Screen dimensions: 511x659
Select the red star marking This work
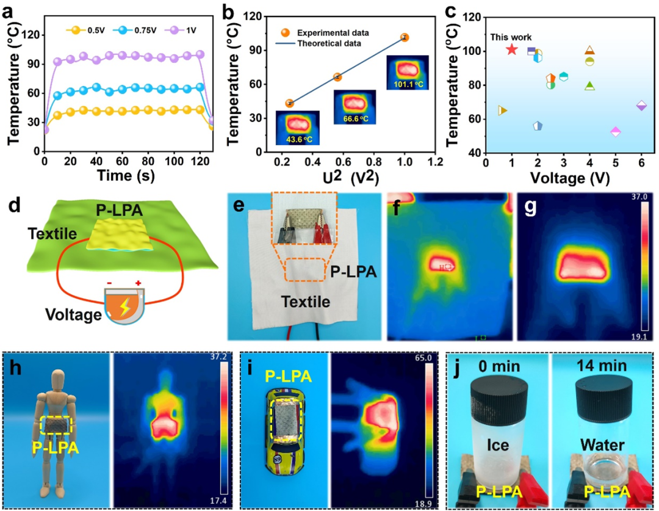pos(511,49)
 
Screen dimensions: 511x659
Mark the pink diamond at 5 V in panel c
pos(615,131)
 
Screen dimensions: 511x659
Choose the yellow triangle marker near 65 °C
pos(503,111)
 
